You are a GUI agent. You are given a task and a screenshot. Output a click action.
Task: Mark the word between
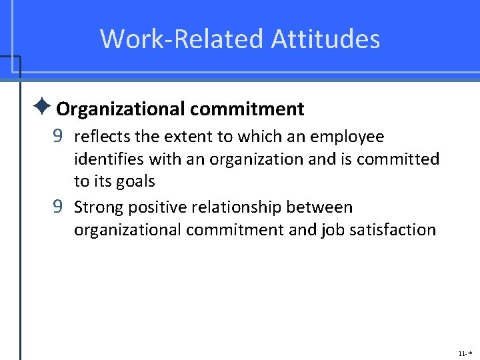[319, 207]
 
